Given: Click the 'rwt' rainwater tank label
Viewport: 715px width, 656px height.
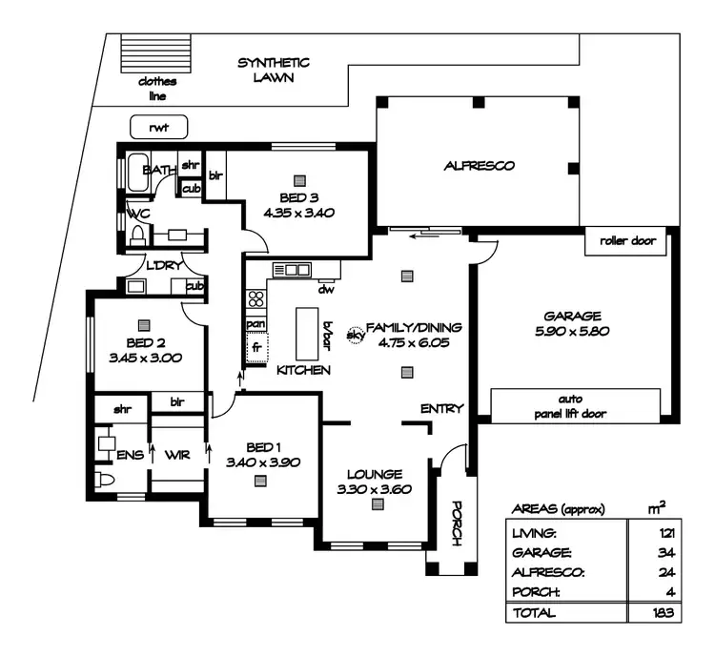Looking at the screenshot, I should tap(157, 127).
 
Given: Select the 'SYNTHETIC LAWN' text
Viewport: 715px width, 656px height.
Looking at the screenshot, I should tap(274, 71).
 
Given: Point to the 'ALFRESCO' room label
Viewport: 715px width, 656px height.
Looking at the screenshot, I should tap(479, 166).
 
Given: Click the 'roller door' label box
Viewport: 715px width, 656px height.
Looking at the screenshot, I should tap(627, 241).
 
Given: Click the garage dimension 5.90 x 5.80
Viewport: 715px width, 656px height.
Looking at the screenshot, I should tap(571, 332).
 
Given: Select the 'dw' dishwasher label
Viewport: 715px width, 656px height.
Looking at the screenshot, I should tap(325, 289).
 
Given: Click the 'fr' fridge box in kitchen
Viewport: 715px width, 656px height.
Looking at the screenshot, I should tap(256, 348).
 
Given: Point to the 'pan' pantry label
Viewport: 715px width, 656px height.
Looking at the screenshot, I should tap(255, 324).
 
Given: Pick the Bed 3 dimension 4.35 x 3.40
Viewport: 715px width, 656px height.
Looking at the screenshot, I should tap(300, 213).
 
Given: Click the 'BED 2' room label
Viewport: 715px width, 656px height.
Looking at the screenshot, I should tap(146, 343).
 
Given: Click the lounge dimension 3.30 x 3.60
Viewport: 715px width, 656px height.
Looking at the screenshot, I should tap(375, 489).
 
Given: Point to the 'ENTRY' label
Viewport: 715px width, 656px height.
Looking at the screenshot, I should tap(441, 409).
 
